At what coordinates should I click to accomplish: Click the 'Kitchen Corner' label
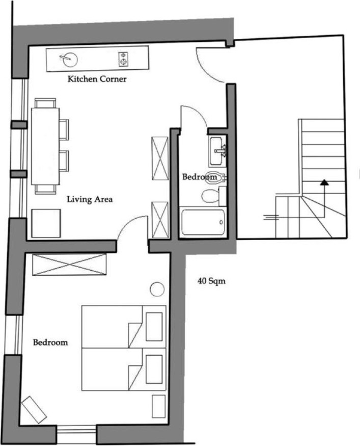[97, 79]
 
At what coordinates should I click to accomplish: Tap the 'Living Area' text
[90, 199]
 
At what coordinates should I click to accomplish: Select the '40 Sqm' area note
[211, 281]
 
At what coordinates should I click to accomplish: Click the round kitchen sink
[69, 59]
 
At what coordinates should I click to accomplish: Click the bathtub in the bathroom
[203, 222]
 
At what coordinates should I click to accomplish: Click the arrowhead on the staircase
[324, 182]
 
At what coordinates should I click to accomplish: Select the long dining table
[45, 146]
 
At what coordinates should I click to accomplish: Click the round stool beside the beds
[157, 290]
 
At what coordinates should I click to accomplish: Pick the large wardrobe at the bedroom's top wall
[69, 265]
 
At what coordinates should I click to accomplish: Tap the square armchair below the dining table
[46, 223]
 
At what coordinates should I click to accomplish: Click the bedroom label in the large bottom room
[50, 342]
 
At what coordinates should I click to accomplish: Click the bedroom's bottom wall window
[76, 434]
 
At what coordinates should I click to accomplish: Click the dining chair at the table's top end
[45, 103]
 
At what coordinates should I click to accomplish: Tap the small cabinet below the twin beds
[158, 406]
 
